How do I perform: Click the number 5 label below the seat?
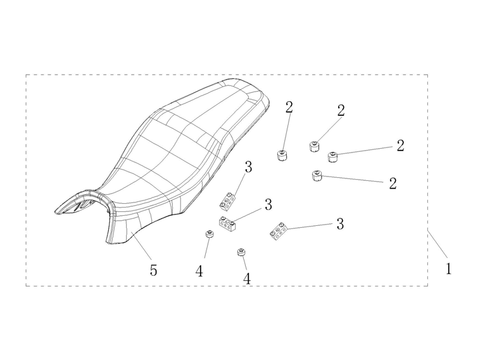[x=153, y=270]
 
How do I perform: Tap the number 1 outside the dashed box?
[x=448, y=269]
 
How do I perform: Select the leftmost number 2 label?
[x=289, y=107]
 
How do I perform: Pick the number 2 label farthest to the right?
[x=401, y=146]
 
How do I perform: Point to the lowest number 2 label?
[x=393, y=183]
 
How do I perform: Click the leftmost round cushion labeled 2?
[x=282, y=156]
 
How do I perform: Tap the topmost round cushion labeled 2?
[x=315, y=147]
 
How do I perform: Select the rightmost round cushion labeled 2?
[x=334, y=157]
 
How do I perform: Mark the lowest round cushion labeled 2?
[x=317, y=175]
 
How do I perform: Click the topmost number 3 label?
[x=248, y=166]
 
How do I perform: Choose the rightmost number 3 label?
[x=340, y=224]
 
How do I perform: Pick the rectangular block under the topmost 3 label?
[x=228, y=201]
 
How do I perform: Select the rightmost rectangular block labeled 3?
[x=278, y=231]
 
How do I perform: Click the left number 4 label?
[x=199, y=271]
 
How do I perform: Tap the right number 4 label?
[x=247, y=278]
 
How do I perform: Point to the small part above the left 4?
[x=209, y=235]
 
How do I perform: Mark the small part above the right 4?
[x=242, y=252]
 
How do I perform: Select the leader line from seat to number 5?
[x=141, y=245]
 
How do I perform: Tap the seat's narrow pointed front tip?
[x=56, y=212]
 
